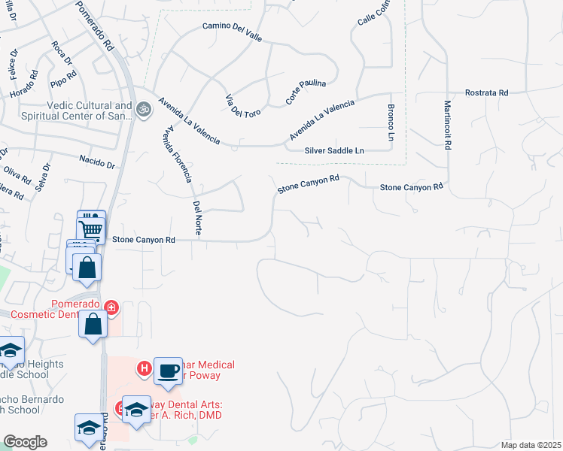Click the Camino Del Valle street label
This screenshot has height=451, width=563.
231,32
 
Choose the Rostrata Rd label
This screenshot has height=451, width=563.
486,92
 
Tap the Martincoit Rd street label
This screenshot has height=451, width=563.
447,126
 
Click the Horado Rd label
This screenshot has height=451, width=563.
24,85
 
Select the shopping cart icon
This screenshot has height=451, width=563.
91,228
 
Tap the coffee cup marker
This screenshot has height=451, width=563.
168,371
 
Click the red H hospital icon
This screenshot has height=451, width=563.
143,368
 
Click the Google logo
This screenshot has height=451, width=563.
25,442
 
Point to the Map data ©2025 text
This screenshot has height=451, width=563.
531,445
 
